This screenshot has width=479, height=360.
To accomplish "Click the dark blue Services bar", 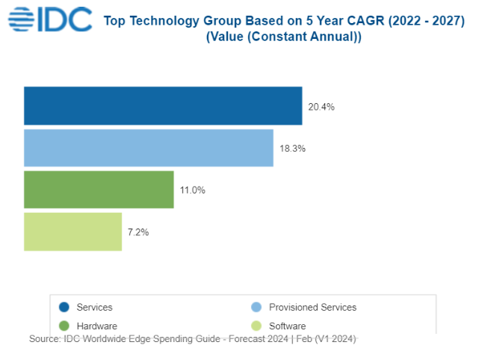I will tap(163, 105).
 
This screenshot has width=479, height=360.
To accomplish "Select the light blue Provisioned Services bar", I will tap(149, 148).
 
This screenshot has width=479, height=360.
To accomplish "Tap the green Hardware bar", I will tap(99, 190).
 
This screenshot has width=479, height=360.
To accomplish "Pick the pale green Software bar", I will tap(72, 232).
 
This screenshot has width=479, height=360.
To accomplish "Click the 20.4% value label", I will tap(321, 107).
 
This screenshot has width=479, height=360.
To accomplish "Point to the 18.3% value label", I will tap(292, 149).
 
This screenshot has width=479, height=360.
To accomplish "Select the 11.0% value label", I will tap(192, 190).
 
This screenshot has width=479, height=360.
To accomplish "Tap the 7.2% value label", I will tap(138, 232).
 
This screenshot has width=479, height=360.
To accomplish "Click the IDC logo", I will tap(49, 18).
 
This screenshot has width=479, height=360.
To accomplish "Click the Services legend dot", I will tap(64, 307).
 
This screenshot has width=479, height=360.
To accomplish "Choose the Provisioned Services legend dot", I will tap(256, 307).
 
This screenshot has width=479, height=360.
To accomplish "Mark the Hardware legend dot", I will tap(64, 326).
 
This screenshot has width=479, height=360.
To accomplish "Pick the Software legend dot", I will tap(256, 326).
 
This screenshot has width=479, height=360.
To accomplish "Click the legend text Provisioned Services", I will tap(312, 307).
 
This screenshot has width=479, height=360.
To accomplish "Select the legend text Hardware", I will tap(97, 326).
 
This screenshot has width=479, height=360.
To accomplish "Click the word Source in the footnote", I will tap(44, 338).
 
